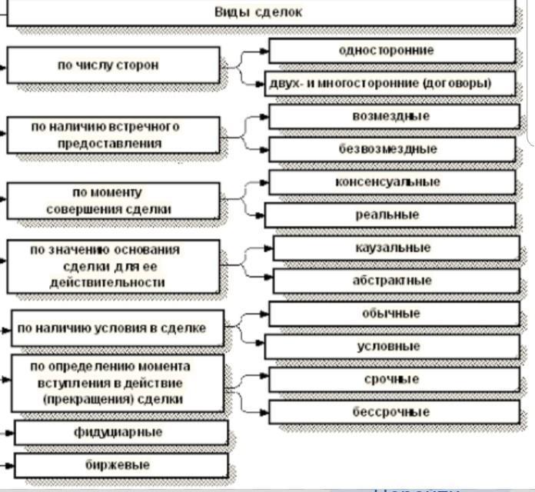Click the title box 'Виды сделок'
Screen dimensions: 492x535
pyautogui.click(x=258, y=12)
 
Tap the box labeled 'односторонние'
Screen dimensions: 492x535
pyautogui.click(x=391, y=51)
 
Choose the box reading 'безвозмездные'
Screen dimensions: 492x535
pyautogui.click(x=389, y=149)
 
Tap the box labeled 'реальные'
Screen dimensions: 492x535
pyautogui.click(x=389, y=215)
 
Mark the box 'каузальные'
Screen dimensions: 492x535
pyautogui.click(x=395, y=248)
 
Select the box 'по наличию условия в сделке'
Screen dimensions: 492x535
pyautogui.click(x=117, y=329)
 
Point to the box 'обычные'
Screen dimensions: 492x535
pyautogui.click(x=392, y=314)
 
